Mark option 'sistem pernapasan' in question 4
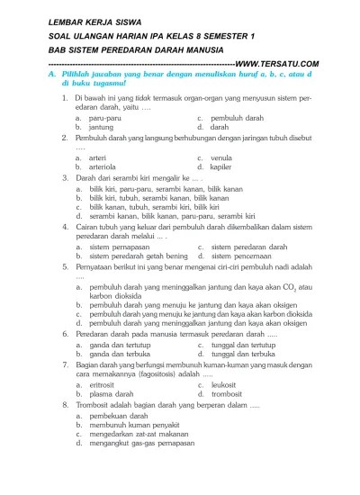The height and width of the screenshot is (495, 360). coord(121,247)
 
